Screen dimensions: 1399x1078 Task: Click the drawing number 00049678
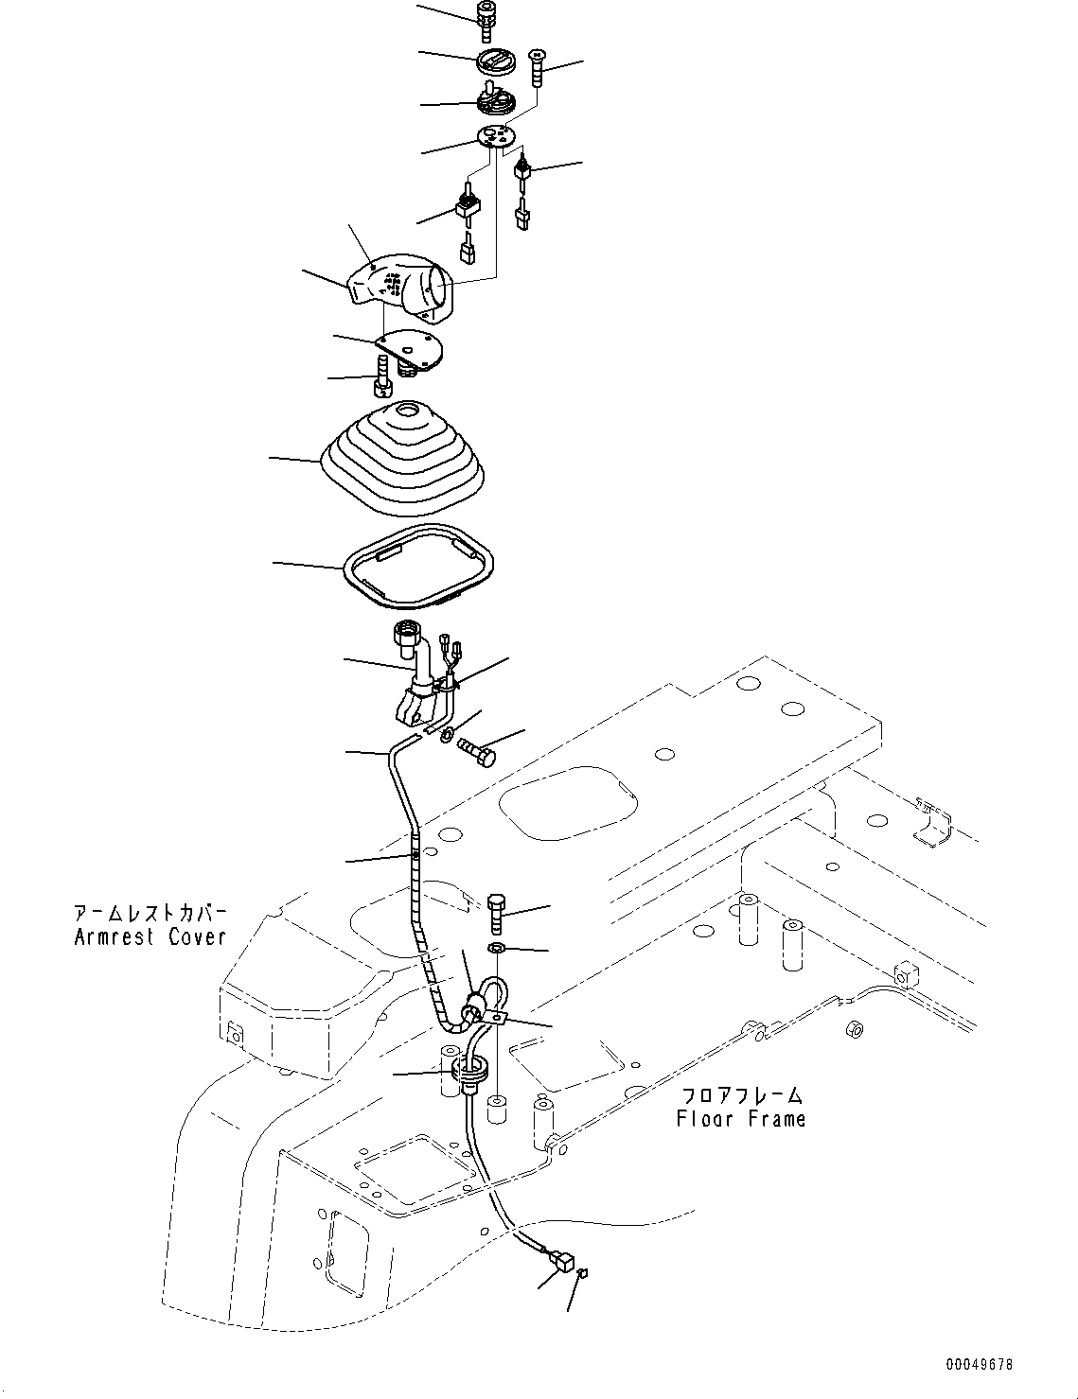978,1365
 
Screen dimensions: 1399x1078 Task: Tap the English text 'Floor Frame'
741,1119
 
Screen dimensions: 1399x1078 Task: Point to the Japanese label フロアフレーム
741,1095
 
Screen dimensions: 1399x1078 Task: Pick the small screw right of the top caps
538,66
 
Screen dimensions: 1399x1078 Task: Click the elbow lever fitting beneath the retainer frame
415,675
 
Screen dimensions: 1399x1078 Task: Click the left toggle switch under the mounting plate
467,203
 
